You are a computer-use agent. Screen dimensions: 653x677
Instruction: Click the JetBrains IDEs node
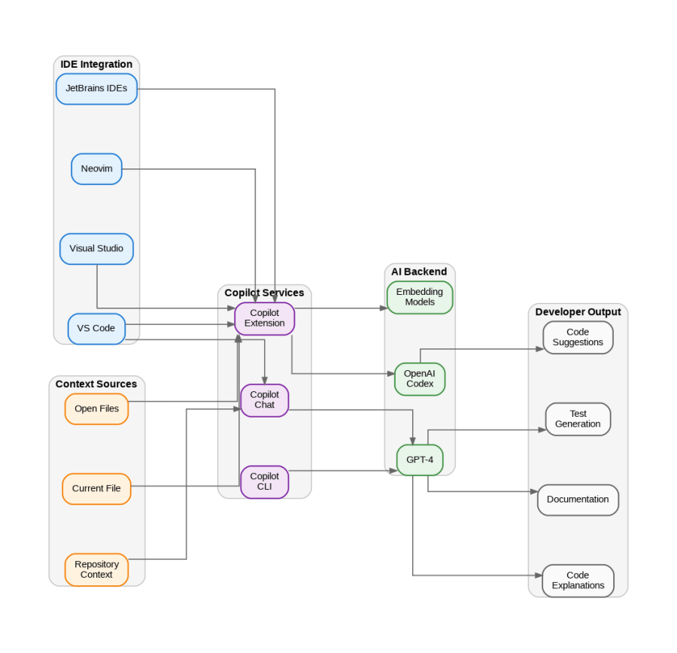96,89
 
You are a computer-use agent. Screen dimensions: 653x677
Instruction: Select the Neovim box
96,169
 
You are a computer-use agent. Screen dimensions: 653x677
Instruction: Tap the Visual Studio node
96,249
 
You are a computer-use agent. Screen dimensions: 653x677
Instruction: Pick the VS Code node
96,329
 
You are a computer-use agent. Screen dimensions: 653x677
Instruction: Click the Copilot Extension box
264,318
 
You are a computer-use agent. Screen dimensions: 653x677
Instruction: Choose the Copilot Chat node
264,400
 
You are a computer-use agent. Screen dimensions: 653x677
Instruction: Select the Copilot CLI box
264,481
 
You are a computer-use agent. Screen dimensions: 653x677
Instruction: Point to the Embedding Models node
420,297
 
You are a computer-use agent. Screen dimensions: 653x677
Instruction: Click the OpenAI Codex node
420,379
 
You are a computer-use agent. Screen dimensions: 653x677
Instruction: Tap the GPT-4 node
420,460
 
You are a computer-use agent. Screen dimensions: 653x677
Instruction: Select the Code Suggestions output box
578,338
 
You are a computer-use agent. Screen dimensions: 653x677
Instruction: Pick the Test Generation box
578,419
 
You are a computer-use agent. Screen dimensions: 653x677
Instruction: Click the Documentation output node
578,500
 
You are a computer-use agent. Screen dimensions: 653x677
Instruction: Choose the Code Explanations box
578,581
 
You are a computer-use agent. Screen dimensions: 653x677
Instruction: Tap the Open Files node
96,409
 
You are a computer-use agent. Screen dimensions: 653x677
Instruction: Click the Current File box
96,489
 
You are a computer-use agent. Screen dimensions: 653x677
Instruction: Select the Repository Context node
96,569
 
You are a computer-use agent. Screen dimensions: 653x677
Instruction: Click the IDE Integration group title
96,65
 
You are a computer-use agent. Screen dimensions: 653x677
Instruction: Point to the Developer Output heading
578,312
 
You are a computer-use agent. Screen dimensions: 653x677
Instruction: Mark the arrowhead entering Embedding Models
384,308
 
